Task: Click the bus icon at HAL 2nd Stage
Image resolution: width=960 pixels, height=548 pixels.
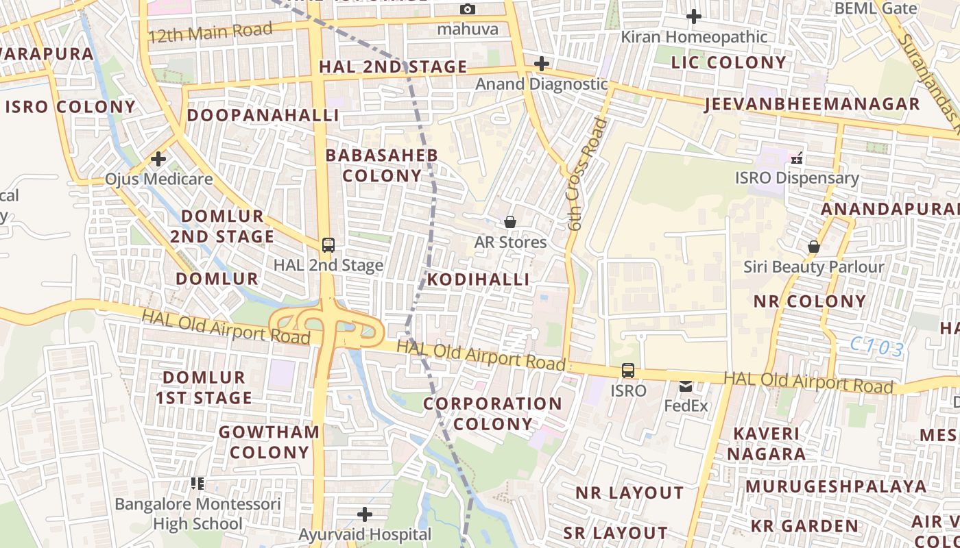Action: click(x=328, y=245)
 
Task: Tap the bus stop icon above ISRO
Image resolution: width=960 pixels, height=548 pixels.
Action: click(x=627, y=371)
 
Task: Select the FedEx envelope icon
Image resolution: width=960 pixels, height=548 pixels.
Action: click(x=686, y=386)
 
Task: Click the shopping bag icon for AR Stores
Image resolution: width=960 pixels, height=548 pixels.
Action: click(x=510, y=222)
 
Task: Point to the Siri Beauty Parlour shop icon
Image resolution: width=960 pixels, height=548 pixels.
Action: click(x=814, y=247)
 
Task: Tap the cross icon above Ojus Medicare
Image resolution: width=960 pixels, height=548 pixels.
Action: click(x=158, y=160)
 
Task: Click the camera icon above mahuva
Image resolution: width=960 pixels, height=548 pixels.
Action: click(x=468, y=9)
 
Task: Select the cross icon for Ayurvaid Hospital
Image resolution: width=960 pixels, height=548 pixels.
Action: click(x=365, y=514)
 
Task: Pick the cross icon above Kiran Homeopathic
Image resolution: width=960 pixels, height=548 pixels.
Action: click(x=694, y=16)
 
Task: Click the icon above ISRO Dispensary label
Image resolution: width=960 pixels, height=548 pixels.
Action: click(x=797, y=158)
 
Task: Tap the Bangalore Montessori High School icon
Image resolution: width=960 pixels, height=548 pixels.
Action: click(x=197, y=484)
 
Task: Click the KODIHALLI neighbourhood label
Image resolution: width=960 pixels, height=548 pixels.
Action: click(x=478, y=279)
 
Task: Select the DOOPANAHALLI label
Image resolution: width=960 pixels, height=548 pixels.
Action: click(x=263, y=115)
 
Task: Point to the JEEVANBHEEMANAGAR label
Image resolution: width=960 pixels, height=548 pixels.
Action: click(x=812, y=104)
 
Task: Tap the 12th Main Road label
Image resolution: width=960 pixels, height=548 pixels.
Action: click(x=210, y=32)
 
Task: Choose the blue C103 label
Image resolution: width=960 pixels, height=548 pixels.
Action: click(x=877, y=347)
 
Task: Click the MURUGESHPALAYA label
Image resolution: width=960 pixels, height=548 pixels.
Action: click(x=836, y=486)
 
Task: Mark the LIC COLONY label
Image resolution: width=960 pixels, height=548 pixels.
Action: click(x=729, y=62)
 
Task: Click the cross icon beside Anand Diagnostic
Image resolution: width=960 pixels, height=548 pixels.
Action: click(x=542, y=64)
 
